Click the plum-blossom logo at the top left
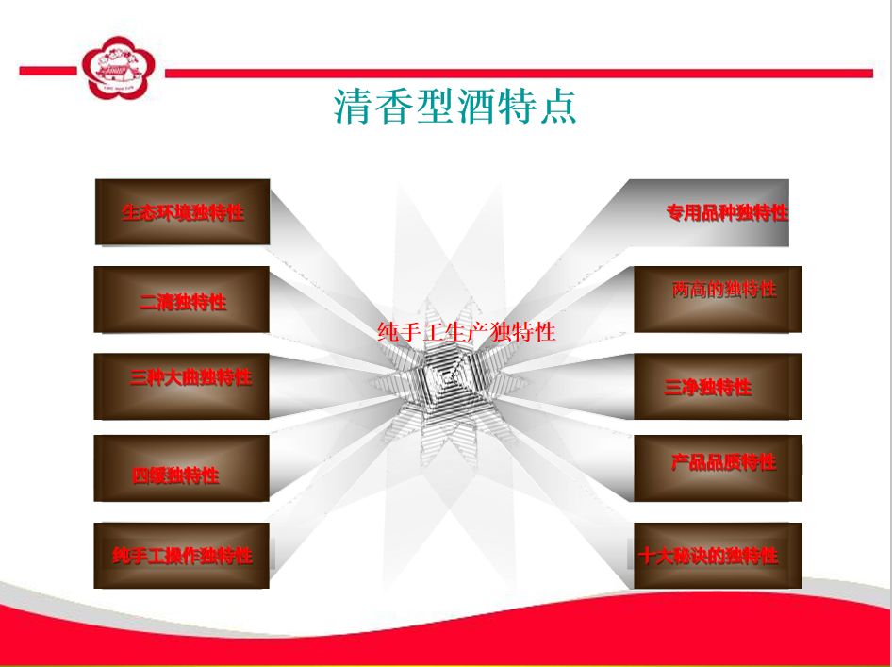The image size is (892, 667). click(x=118, y=68)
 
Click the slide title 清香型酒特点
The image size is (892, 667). click(x=455, y=107)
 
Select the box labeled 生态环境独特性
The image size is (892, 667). click(x=182, y=211)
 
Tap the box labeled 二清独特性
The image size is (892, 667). click(x=181, y=299)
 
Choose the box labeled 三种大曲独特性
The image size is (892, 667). click(x=181, y=387)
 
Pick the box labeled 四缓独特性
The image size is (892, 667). click(x=181, y=468)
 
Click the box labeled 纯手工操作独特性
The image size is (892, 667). click(x=181, y=556)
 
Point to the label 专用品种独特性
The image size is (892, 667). click(x=727, y=213)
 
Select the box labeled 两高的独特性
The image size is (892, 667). click(x=718, y=299)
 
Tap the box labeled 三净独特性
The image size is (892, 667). click(x=718, y=387)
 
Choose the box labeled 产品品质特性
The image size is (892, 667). click(x=718, y=468)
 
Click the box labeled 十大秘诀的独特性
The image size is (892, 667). click(x=718, y=556)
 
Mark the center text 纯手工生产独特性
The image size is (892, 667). click(x=467, y=332)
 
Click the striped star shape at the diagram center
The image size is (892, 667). click(x=450, y=378)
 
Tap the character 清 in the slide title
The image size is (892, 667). click(x=353, y=107)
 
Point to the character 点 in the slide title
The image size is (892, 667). click(x=558, y=107)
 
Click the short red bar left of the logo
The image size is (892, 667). click(x=48, y=71)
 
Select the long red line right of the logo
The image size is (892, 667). click(x=519, y=73)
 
